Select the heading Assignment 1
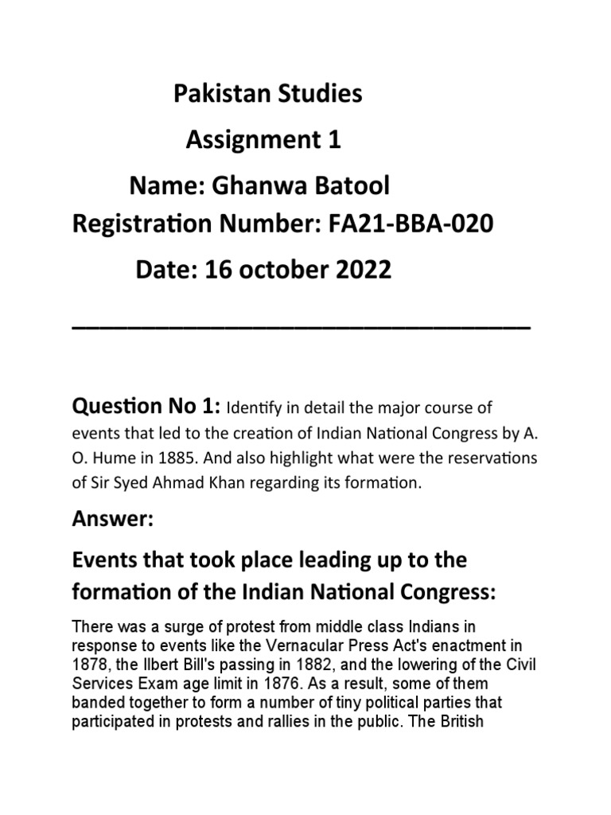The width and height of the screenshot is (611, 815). click(x=263, y=141)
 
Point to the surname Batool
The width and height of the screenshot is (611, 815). click(x=351, y=186)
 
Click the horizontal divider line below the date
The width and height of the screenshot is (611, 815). click(x=301, y=328)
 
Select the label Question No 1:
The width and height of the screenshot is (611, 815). click(x=146, y=407)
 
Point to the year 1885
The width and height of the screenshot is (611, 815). click(x=177, y=459)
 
